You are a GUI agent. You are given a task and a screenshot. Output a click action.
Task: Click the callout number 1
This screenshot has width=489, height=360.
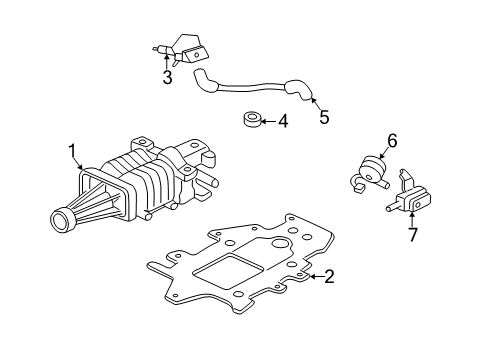click(x=72, y=151)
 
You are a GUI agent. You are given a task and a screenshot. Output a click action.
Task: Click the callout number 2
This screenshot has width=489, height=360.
click(x=327, y=277)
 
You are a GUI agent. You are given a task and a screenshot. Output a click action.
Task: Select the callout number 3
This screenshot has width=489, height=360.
click(x=167, y=76)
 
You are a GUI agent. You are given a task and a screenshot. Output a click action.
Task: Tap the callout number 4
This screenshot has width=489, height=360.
click(x=282, y=121)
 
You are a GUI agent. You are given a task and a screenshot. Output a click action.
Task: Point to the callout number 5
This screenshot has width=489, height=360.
click(x=323, y=116)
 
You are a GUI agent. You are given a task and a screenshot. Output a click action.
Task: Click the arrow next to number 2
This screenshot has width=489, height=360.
click(x=312, y=277)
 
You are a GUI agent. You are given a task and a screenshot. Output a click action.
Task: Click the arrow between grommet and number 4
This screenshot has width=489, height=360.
click(x=269, y=122)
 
